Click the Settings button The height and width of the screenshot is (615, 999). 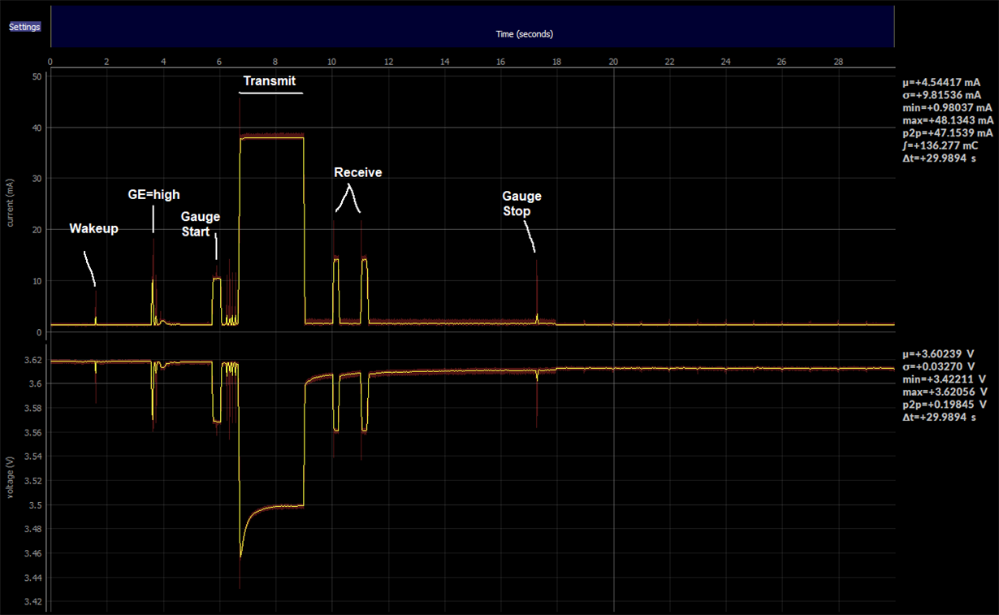tap(24, 27)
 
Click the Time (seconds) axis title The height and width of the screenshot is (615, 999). tap(525, 34)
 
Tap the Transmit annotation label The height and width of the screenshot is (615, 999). tap(270, 80)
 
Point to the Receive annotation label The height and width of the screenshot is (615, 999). tap(357, 172)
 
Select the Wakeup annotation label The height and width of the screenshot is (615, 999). tap(93, 228)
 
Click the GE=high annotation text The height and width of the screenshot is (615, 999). tap(154, 194)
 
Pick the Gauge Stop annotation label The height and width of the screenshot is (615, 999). tap(521, 203)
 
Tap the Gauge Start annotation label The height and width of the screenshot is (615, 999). tap(201, 224)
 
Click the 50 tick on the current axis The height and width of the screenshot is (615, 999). tap(37, 76)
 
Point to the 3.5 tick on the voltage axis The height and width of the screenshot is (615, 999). tap(35, 505)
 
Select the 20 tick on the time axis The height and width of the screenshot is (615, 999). tap(613, 62)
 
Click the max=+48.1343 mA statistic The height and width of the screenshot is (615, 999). tap(948, 120)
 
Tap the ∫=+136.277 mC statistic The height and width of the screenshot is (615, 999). tap(941, 145)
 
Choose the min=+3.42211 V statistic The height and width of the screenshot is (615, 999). tap(944, 379)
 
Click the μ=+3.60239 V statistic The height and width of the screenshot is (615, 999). tap(938, 353)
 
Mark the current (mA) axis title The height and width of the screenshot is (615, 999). tap(10, 203)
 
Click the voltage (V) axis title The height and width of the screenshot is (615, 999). tap(10, 477)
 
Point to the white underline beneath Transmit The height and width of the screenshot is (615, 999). tap(271, 93)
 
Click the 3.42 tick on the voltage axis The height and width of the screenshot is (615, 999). tap(33, 602)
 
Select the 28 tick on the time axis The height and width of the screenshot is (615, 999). tap(838, 62)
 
